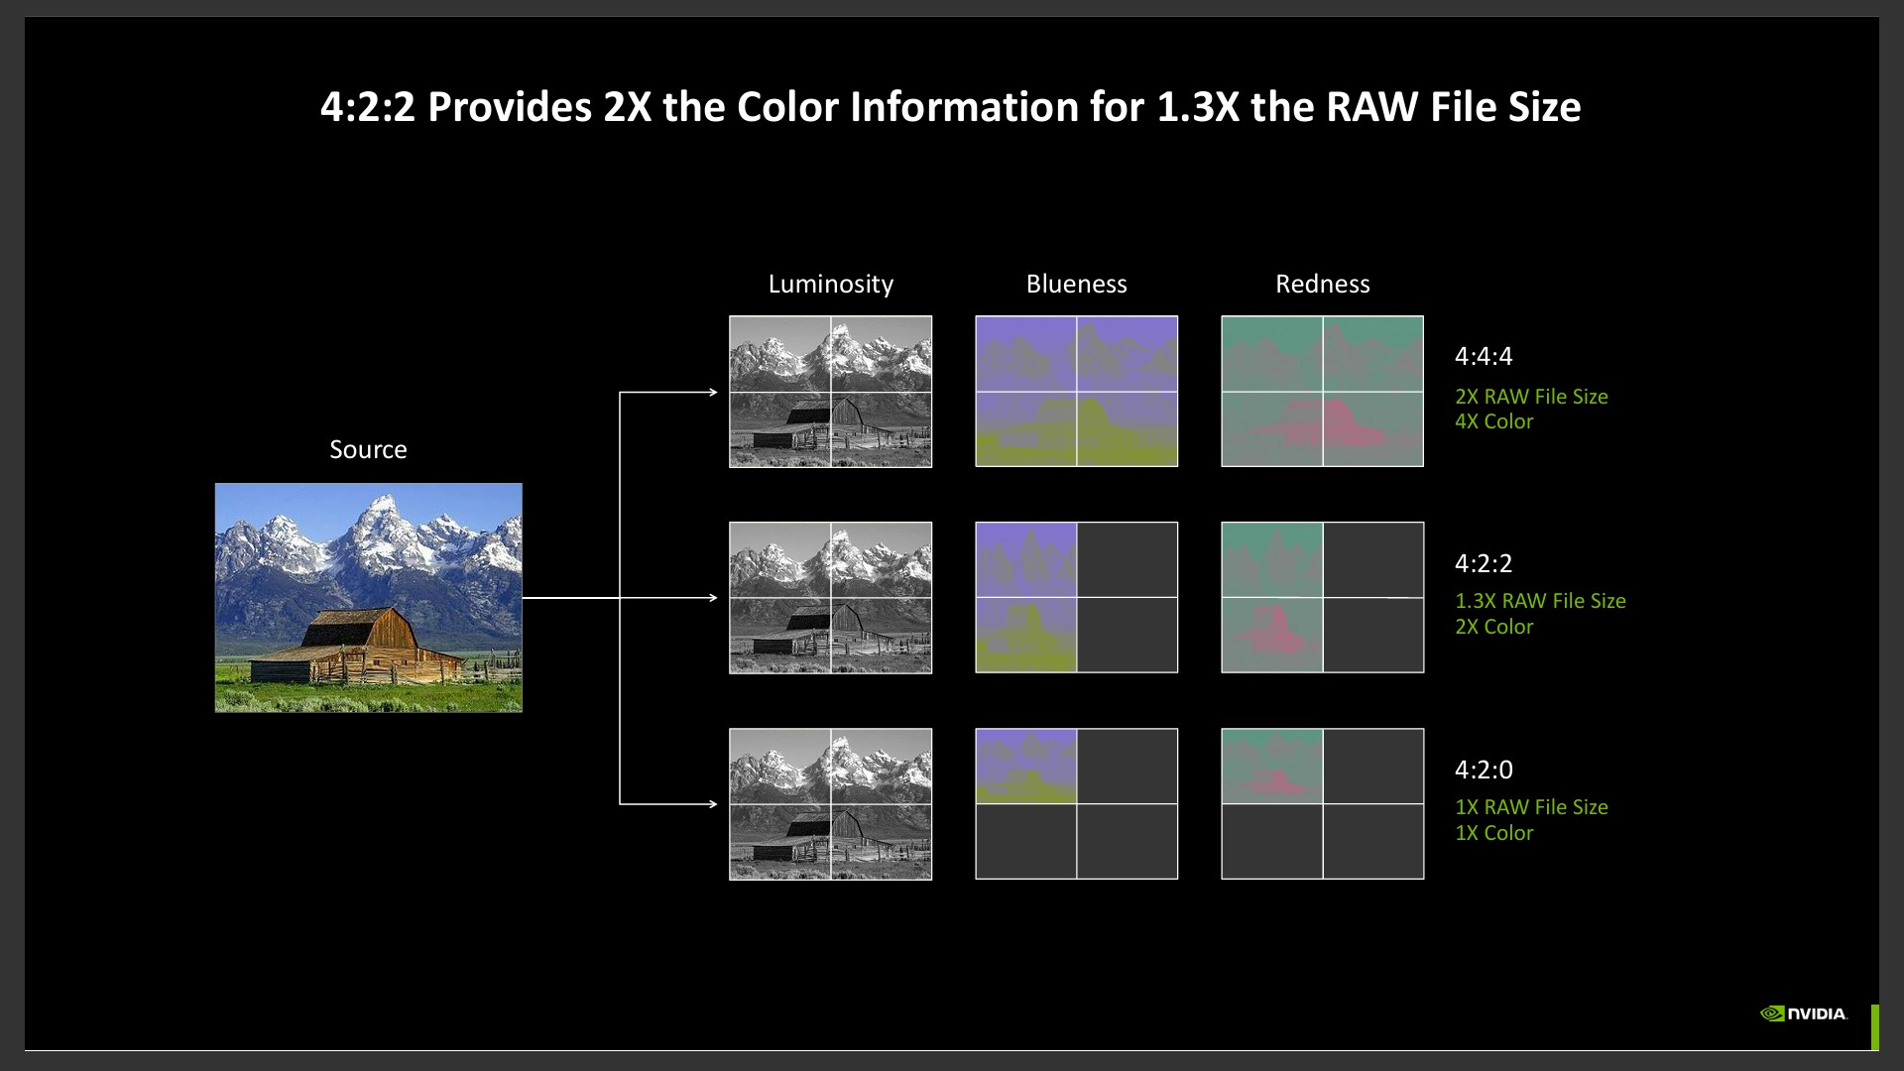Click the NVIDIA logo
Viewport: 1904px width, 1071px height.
tap(1803, 1013)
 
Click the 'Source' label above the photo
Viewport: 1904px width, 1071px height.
tap(368, 449)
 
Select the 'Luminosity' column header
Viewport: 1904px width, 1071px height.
tap(831, 285)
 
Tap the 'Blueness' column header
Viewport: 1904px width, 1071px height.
tap(1077, 285)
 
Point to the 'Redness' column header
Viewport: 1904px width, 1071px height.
tap(1323, 285)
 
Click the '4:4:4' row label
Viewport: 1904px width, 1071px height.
tap(1484, 356)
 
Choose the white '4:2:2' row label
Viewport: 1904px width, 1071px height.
tap(1484, 563)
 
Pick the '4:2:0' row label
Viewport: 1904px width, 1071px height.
tap(1484, 770)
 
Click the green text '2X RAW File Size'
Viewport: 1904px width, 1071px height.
tap(1531, 397)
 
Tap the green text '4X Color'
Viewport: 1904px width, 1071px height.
tap(1493, 421)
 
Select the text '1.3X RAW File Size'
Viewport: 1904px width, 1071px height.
tap(1540, 601)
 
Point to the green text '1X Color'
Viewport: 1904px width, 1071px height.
tap(1493, 833)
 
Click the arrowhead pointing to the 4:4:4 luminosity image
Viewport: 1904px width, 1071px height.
tap(713, 393)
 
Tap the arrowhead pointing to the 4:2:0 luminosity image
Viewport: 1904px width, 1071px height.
tap(713, 804)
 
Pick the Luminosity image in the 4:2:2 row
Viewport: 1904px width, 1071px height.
tap(831, 598)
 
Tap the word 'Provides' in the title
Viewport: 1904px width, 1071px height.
tap(510, 107)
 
